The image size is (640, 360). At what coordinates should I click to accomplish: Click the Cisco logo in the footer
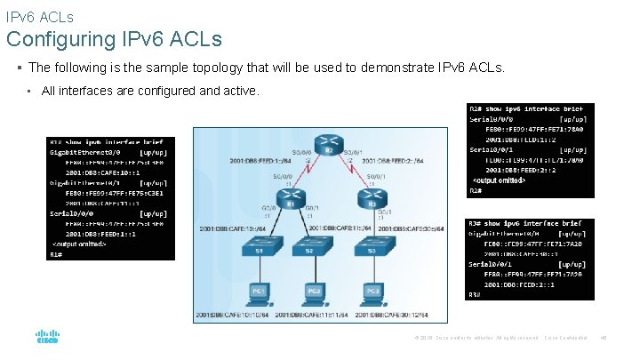click(x=46, y=340)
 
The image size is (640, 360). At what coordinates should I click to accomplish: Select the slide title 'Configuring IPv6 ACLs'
click(x=114, y=40)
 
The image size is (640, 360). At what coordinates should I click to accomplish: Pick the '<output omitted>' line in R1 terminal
click(x=80, y=244)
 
